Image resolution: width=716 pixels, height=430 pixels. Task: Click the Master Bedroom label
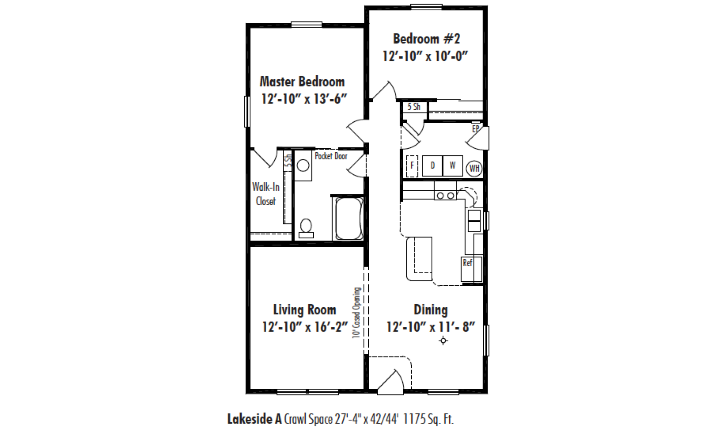[x=302, y=82]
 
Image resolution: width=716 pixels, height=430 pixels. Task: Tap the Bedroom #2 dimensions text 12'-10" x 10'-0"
[x=425, y=56]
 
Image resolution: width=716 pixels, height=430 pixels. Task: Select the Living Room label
[x=305, y=310]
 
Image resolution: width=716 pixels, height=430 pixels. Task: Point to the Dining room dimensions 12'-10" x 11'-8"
[x=430, y=327]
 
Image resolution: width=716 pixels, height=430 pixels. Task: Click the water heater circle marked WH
[x=474, y=168]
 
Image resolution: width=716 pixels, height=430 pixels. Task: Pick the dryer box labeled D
[x=432, y=166]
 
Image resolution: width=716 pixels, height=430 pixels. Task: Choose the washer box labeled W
[x=452, y=166]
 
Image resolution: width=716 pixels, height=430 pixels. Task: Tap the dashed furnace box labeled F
[x=412, y=166]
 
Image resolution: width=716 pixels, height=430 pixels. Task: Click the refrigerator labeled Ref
[x=472, y=269]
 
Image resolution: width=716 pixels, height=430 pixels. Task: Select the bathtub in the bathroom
[x=349, y=219]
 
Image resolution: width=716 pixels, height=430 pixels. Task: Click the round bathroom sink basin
[x=303, y=165]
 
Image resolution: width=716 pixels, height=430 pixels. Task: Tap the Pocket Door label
[x=331, y=156]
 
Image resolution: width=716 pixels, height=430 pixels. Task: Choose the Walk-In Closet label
[x=266, y=194]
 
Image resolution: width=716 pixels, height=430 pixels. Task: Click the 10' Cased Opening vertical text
[x=356, y=313]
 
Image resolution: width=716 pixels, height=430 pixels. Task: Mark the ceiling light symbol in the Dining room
[x=443, y=341]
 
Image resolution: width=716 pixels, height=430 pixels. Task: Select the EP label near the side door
[x=476, y=129]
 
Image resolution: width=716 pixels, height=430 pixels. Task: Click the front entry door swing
[x=391, y=382]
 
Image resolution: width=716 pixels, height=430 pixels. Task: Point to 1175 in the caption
[x=414, y=419]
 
